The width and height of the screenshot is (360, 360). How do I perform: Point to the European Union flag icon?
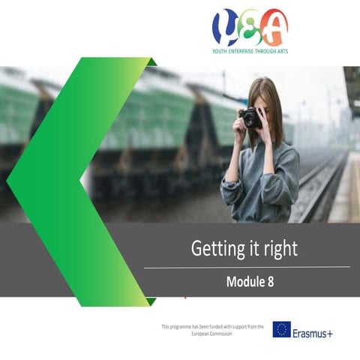pyautogui.click(x=281, y=329)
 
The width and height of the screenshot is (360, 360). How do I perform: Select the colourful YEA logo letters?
pyautogui.click(x=250, y=28)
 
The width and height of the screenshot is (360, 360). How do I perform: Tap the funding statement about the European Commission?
pyautogui.click(x=212, y=329)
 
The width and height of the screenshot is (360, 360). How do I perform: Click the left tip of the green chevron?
pyautogui.click(x=9, y=179)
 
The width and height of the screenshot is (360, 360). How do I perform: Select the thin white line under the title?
pyautogui.click(x=247, y=266)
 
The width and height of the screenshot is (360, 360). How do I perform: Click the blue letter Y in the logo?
pyautogui.click(x=224, y=28)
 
